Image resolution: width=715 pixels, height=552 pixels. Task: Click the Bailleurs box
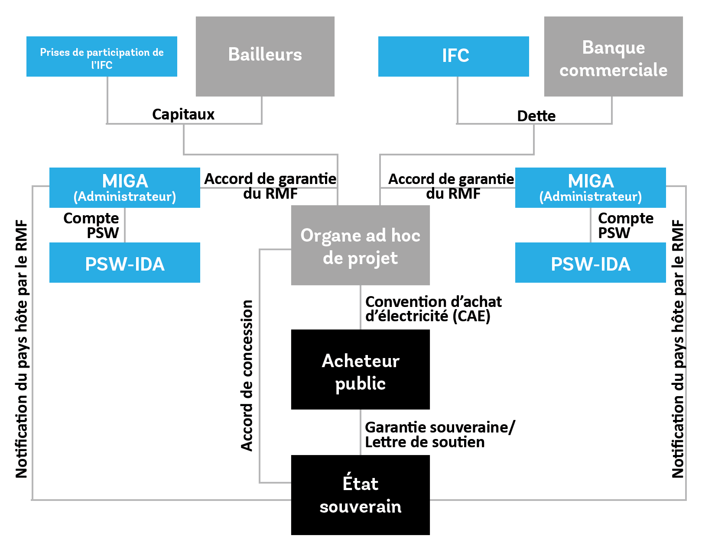(x=265, y=56)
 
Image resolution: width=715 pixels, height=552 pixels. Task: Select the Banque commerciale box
(x=613, y=56)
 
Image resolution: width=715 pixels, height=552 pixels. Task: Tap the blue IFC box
(x=453, y=56)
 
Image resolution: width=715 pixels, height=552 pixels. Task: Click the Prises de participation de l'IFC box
(x=102, y=57)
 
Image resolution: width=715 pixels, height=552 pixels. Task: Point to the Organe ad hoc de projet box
(x=360, y=245)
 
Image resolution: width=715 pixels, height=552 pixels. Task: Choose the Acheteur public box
(x=360, y=369)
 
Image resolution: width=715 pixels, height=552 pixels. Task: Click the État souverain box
(x=360, y=495)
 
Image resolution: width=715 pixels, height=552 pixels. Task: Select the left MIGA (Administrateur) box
(x=125, y=187)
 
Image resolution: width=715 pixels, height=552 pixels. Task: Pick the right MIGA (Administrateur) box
(x=590, y=187)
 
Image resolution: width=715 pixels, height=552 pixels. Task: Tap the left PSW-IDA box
(x=125, y=263)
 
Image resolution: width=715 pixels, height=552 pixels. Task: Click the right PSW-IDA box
(x=590, y=263)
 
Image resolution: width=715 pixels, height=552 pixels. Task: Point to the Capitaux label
(x=183, y=114)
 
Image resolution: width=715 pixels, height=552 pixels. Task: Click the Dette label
(x=536, y=116)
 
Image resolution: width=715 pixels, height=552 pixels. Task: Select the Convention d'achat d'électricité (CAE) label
(x=433, y=309)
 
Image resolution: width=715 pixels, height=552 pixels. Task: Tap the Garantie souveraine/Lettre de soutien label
(x=439, y=434)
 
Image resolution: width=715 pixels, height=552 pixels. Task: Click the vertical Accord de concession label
(x=247, y=375)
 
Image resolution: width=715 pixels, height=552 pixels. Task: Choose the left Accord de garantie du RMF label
(x=270, y=186)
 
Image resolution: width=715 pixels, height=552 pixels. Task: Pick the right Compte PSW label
(x=625, y=225)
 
